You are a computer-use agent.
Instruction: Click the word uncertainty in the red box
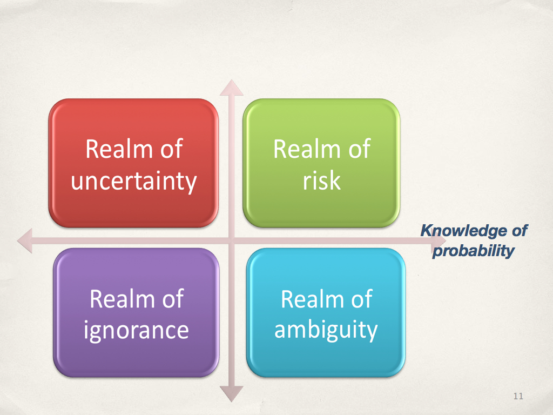pyautogui.click(x=134, y=182)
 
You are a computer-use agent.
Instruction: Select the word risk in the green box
pyautogui.click(x=322, y=180)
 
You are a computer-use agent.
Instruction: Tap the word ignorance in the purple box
pyautogui.click(x=136, y=331)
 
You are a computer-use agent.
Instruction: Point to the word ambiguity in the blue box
pyautogui.click(x=326, y=331)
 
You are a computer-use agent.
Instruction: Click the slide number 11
pyautogui.click(x=518, y=396)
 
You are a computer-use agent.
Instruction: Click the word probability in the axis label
pyautogui.click(x=474, y=251)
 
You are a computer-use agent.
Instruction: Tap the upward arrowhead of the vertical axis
pyautogui.click(x=231, y=88)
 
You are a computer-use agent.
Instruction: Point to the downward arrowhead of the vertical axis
pyautogui.click(x=231, y=394)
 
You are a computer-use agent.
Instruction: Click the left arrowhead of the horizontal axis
pyautogui.click(x=25, y=240)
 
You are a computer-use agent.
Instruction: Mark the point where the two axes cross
pyautogui.click(x=231, y=240)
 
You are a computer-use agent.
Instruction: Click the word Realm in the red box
pyautogui.click(x=119, y=149)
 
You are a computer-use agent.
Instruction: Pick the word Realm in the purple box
pyautogui.click(x=122, y=299)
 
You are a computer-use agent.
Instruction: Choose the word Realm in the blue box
pyautogui.click(x=313, y=299)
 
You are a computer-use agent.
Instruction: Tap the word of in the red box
pyautogui.click(x=171, y=149)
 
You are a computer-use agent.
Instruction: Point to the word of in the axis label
pyautogui.click(x=520, y=231)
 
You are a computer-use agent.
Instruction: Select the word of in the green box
pyautogui.click(x=359, y=149)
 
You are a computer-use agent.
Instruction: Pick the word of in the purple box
pyautogui.click(x=173, y=299)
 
